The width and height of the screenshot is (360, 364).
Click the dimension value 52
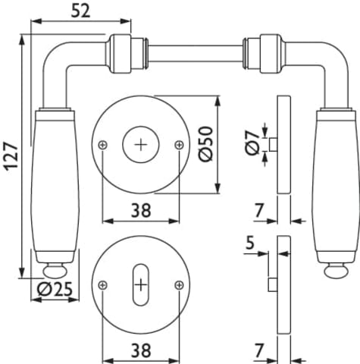pyautogui.click(x=80, y=11)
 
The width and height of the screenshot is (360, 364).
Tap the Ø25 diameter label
pyautogui.click(x=55, y=289)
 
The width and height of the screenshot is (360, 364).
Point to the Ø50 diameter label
pyautogui.click(x=206, y=144)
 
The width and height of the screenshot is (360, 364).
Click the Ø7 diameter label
pyautogui.click(x=252, y=143)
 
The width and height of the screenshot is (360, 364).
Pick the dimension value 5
pyautogui.click(x=250, y=243)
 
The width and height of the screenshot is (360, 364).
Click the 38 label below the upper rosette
pyautogui.click(x=141, y=210)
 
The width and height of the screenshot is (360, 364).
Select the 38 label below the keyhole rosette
pyautogui.click(x=141, y=350)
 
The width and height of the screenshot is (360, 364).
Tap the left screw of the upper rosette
pyautogui.click(x=103, y=145)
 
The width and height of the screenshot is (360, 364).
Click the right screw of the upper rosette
pyautogui.click(x=179, y=145)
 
